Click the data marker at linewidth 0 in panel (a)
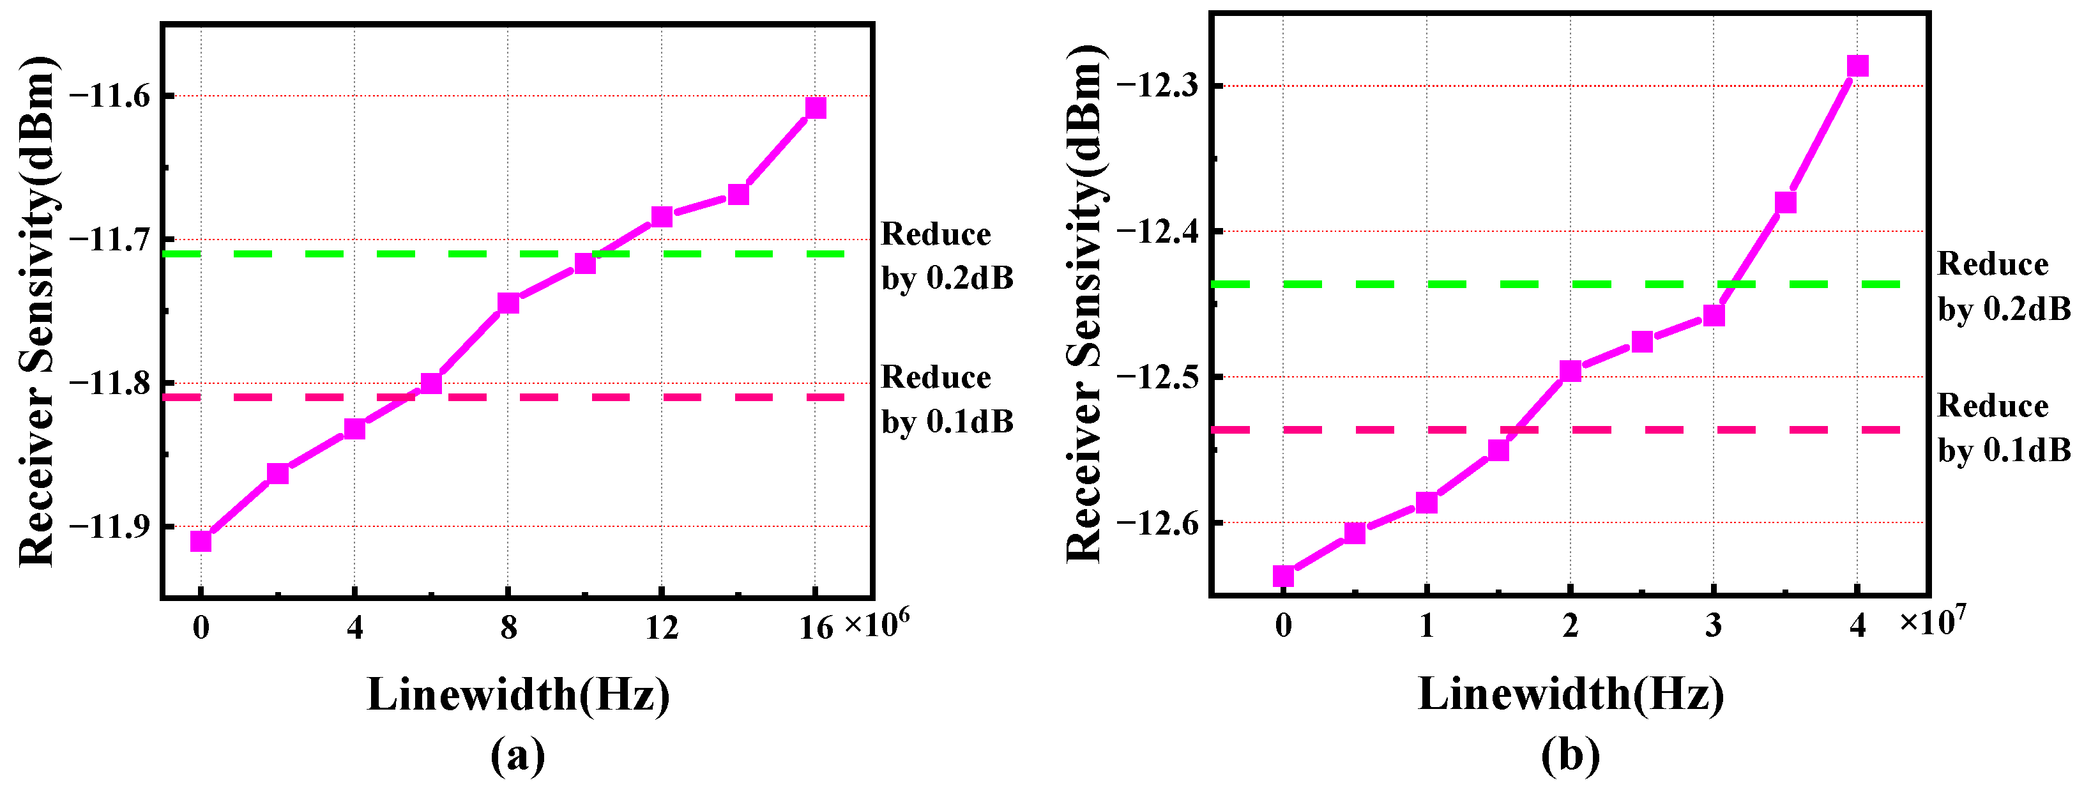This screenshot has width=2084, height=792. [x=201, y=540]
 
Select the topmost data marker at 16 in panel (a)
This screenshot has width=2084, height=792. [x=816, y=107]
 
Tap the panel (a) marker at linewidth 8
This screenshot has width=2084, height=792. [x=508, y=303]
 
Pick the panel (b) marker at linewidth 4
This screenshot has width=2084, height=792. [x=1857, y=66]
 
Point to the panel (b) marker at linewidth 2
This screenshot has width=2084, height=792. [x=1571, y=371]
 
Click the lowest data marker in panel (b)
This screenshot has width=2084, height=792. [x=1283, y=576]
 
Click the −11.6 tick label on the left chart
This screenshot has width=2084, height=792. [x=110, y=95]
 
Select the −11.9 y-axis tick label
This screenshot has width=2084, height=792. [x=110, y=527]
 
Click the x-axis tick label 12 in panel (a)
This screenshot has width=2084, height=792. [x=662, y=627]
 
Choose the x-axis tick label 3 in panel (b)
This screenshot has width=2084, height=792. [x=1714, y=625]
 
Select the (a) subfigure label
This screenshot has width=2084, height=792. [x=518, y=756]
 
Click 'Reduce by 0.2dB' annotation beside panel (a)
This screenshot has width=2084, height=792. [x=947, y=255]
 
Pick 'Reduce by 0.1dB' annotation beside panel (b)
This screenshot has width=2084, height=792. [x=2004, y=428]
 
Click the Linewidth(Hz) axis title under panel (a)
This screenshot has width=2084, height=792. [x=518, y=694]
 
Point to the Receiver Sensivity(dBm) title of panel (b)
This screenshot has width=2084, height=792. [x=1084, y=303]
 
